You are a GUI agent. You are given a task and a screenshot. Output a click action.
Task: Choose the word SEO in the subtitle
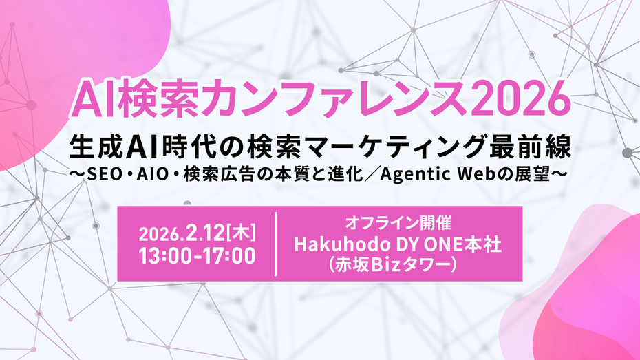tap(103, 176)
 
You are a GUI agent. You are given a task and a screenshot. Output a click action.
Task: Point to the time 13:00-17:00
tap(197, 255)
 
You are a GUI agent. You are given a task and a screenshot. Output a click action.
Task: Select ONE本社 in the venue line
tap(467, 245)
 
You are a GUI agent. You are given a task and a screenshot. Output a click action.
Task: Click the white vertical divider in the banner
tap(276, 244)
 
